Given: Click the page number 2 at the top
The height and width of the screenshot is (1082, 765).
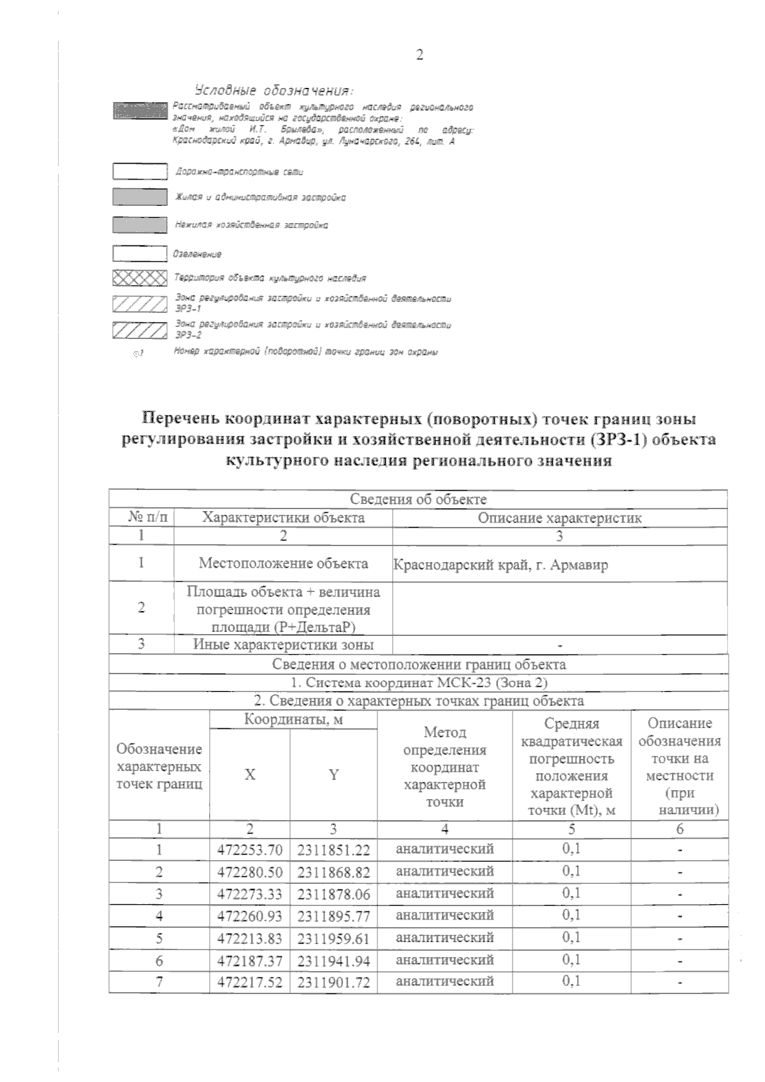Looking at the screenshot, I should tap(419, 55).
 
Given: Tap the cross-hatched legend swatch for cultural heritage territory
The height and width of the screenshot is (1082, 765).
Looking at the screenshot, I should tap(140, 278).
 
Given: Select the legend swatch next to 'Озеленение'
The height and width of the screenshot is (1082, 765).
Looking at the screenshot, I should tap(140, 254).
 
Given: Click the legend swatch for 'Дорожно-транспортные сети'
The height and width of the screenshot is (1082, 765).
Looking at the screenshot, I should tap(140, 172).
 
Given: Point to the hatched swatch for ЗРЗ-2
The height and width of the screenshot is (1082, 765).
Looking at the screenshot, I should tap(140, 330).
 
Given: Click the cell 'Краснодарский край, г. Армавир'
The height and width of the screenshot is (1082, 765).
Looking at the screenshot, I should tap(500, 565).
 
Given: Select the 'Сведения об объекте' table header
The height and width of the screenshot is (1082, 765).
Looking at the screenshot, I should tap(418, 500).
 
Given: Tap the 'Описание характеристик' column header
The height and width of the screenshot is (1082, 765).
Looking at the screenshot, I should tap(560, 518).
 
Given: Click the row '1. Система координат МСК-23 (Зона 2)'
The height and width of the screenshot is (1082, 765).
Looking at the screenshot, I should tap(418, 682).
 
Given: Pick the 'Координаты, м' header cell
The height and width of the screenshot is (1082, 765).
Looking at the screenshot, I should tap(293, 719).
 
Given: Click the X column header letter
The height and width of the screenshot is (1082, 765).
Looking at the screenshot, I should tap(250, 775).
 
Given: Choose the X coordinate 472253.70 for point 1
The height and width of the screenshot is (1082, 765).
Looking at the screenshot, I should tap(250, 850).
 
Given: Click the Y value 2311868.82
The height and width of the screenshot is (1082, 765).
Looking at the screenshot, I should tap(333, 872).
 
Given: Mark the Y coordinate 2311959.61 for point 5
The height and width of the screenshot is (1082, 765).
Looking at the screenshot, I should tap(333, 939).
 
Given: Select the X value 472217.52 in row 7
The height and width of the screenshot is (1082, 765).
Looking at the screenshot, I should tap(250, 983).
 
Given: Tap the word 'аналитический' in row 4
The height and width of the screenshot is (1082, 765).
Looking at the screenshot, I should tap(444, 915).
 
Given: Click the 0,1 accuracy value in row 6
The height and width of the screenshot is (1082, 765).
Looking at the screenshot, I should tap(571, 960).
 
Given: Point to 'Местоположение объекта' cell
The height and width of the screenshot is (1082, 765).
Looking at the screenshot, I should tap(283, 563).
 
